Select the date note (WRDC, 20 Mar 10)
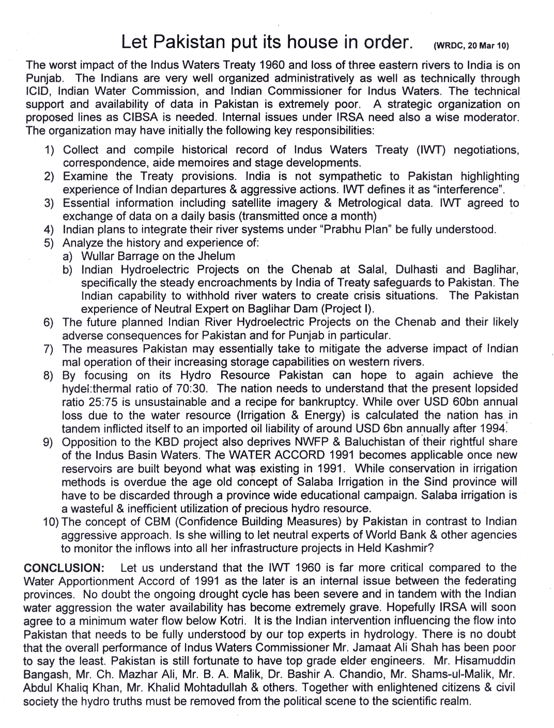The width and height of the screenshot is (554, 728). tap(471, 45)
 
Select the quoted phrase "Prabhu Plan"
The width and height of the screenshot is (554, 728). tap(356, 230)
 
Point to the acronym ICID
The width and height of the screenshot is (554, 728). tap(37, 92)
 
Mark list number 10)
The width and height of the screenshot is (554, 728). tap(51, 522)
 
